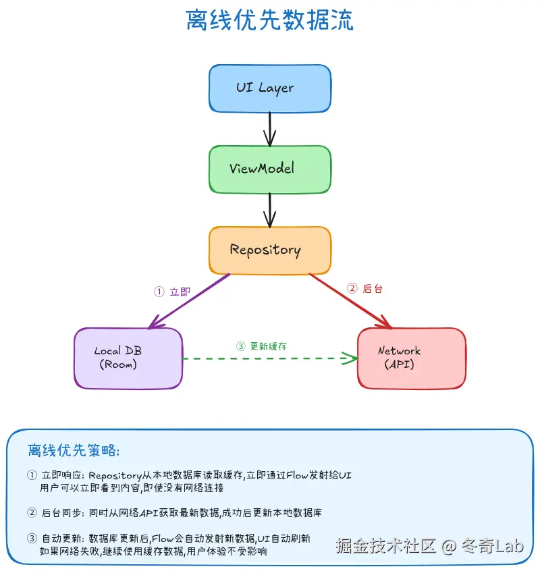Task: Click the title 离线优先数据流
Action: [269, 21]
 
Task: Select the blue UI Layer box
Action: [269, 88]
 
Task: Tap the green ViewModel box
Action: [269, 169]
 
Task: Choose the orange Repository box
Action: [269, 250]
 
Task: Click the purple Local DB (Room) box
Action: [128, 358]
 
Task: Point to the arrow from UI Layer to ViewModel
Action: [269, 128]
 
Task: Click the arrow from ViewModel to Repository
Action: [269, 209]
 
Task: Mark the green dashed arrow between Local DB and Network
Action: [270, 358]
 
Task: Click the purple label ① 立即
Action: [172, 292]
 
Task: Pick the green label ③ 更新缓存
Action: [262, 346]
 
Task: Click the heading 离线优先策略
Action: [74, 450]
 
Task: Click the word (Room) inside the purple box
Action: [118, 364]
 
